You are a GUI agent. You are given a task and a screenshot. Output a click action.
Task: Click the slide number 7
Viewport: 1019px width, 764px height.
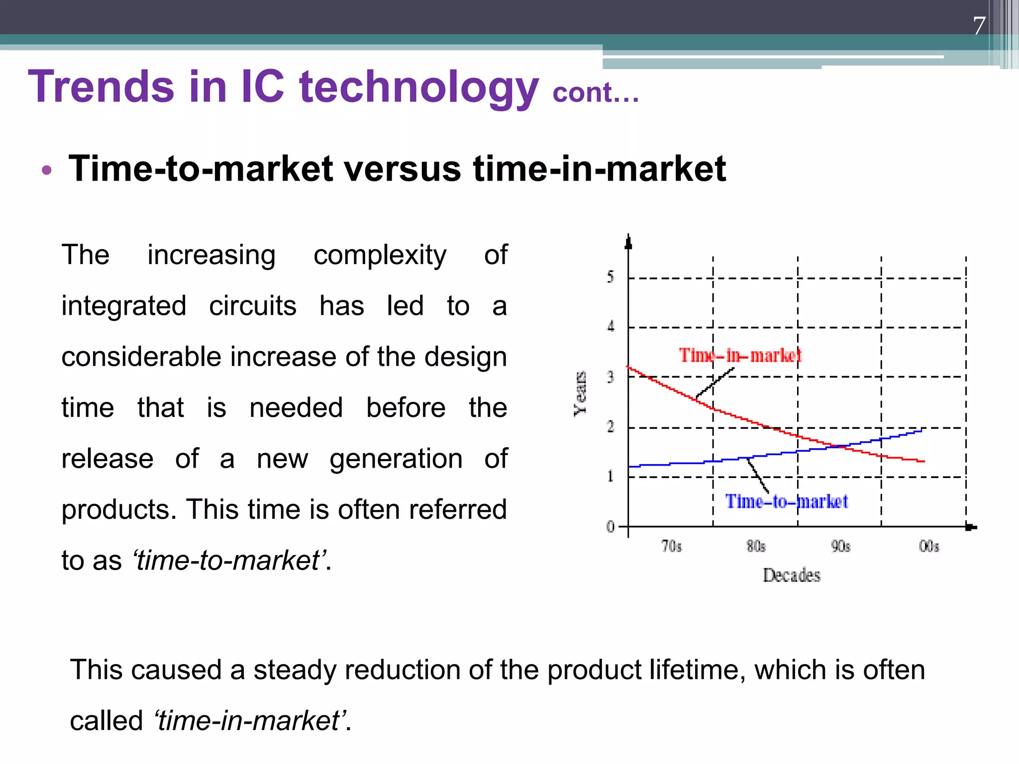(979, 26)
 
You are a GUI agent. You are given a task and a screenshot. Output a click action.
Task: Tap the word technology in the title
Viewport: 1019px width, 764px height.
(419, 88)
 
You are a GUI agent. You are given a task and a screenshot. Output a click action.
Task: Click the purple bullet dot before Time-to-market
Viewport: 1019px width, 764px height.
(47, 171)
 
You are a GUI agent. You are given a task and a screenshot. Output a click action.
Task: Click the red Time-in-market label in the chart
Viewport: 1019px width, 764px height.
(740, 356)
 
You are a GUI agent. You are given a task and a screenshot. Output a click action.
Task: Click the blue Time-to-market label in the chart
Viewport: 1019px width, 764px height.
(786, 501)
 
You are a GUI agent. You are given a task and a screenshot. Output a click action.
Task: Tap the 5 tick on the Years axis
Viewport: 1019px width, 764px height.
(611, 277)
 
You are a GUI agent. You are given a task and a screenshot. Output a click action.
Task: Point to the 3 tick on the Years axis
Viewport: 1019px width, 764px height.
(611, 377)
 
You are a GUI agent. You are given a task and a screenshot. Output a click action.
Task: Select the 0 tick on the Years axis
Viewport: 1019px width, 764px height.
(611, 526)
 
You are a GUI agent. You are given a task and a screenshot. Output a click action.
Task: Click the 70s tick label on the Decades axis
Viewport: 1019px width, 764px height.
(671, 547)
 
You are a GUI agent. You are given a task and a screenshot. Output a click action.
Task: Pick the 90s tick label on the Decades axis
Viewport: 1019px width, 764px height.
(840, 547)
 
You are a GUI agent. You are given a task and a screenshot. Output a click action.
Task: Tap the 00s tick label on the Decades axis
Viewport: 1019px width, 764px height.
(928, 547)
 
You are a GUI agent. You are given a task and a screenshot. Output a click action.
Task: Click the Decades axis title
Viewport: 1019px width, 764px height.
(791, 575)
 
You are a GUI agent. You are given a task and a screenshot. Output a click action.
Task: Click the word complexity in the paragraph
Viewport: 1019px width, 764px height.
(380, 255)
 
